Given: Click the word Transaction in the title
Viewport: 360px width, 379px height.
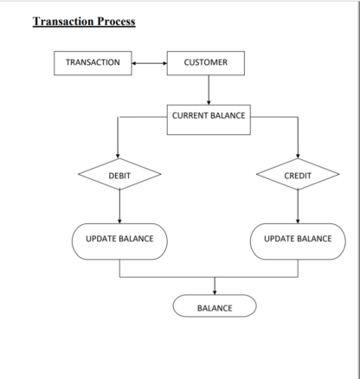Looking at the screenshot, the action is tap(63, 22).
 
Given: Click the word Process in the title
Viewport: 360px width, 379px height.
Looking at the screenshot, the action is tap(116, 22).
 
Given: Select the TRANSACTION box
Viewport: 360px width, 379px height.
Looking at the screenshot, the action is tap(93, 63).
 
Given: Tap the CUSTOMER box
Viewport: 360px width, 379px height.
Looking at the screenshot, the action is tap(206, 63).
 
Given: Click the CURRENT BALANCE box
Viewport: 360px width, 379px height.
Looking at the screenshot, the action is tap(209, 119).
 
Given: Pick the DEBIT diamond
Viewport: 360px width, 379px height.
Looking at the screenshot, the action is tap(119, 174).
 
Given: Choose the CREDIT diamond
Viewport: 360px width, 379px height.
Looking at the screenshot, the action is tap(298, 174).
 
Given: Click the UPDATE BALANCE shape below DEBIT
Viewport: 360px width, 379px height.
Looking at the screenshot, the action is tap(119, 241).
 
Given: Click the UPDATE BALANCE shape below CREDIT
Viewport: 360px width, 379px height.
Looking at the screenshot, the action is tap(298, 241).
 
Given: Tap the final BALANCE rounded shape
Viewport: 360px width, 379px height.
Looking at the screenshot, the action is tap(215, 305).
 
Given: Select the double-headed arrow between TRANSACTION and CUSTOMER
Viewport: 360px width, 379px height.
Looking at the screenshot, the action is tap(150, 63).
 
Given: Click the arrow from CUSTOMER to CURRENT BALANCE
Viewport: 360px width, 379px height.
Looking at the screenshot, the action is tap(209, 90).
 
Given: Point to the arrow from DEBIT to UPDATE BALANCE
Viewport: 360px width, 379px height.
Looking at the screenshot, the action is tap(119, 207).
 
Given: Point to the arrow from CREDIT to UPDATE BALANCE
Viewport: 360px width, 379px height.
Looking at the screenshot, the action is tap(298, 207).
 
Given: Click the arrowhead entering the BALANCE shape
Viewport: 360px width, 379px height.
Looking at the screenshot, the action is tap(215, 292).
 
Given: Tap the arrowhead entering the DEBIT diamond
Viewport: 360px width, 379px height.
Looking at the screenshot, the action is tap(118, 156).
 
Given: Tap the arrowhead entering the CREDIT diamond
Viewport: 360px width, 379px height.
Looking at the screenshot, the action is tap(298, 156).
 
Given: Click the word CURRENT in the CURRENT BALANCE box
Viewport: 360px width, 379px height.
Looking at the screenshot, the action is tap(189, 115).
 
